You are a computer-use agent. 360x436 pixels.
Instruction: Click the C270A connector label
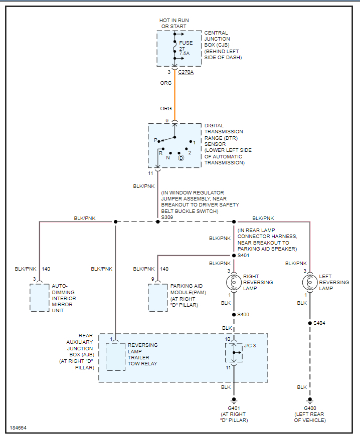187,72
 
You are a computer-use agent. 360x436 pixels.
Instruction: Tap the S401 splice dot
234,255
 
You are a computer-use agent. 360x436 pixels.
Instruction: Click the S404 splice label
319,323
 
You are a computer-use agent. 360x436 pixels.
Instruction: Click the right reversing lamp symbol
234,282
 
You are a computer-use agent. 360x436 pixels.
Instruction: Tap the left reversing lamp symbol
310,282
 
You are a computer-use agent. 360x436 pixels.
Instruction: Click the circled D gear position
182,158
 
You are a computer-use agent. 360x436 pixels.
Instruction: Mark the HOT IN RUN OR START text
174,23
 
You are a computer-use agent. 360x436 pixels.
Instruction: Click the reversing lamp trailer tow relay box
116,356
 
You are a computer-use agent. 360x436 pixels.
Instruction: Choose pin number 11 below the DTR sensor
150,173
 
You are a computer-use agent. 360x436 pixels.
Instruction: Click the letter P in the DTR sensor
155,141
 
